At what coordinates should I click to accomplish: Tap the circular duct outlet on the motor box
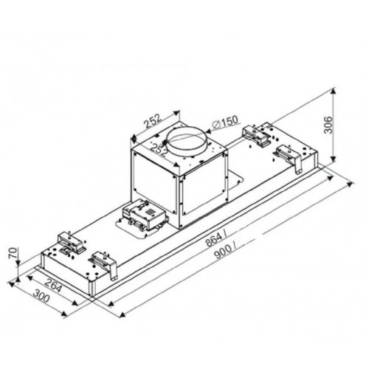[x=185, y=141]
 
